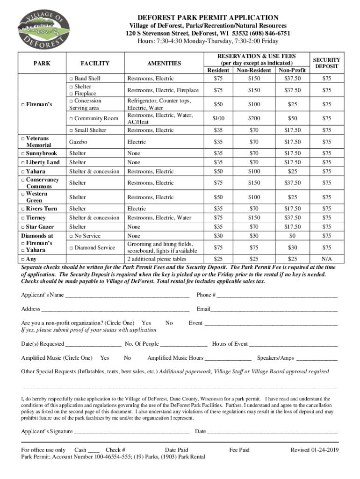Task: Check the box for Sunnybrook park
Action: click(x=23, y=153)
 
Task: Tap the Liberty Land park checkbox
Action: click(x=23, y=162)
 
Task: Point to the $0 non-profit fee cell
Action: click(x=292, y=236)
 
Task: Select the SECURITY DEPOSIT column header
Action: click(x=326, y=63)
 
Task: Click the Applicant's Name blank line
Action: click(x=127, y=295)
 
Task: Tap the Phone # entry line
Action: click(x=277, y=295)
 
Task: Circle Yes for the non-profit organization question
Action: click(x=146, y=323)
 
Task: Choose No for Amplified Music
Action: click(x=127, y=358)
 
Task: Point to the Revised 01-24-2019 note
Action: click(x=314, y=450)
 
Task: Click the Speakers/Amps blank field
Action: click(x=317, y=358)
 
